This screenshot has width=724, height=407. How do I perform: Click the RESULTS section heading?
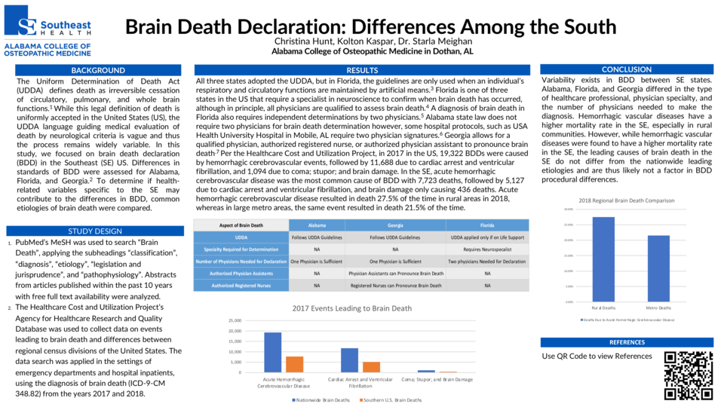[x=362, y=70]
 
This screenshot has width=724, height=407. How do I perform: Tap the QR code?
[x=688, y=375]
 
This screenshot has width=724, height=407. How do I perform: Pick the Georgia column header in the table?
[x=395, y=225]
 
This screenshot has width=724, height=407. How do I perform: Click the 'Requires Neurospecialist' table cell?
[x=486, y=249]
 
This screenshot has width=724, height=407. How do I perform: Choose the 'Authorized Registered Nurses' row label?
[x=241, y=286]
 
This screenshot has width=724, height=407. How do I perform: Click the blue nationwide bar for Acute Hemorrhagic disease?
[x=272, y=352]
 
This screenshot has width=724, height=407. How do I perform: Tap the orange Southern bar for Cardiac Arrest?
[x=372, y=367]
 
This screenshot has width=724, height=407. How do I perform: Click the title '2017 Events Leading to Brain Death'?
[x=351, y=308]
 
